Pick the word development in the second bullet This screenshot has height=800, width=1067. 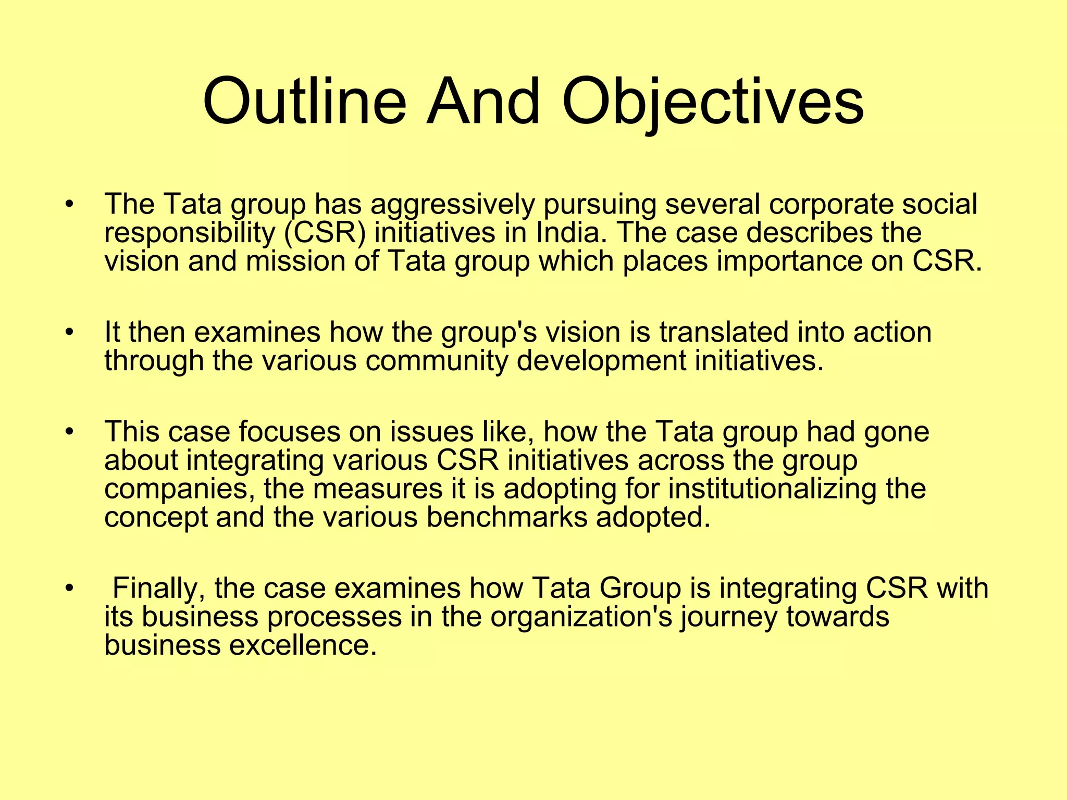601,360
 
